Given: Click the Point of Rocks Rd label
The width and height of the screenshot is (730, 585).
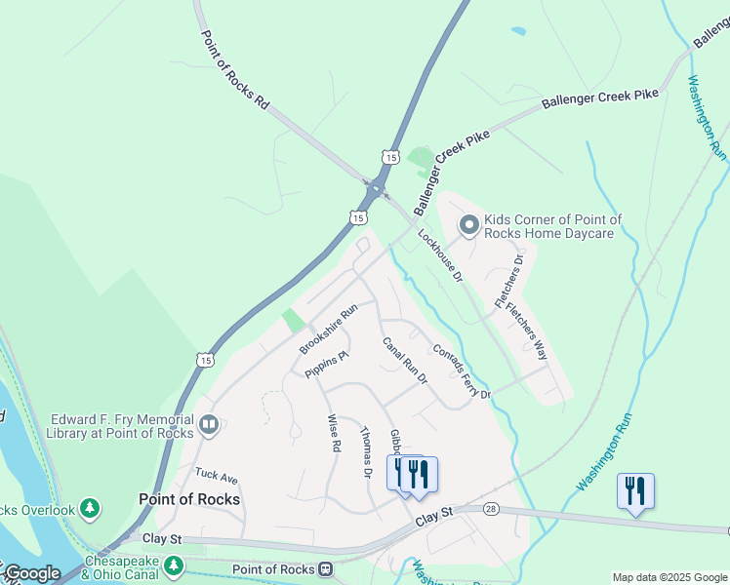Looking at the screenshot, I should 234,68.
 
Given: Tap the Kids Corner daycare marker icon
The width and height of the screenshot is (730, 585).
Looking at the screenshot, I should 469,226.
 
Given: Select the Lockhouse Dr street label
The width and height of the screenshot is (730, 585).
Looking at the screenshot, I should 440,255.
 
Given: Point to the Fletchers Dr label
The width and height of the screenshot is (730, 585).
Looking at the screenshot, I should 511,281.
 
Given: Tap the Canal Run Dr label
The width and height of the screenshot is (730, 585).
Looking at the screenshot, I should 405,361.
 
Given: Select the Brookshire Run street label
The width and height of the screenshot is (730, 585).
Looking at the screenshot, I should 329,328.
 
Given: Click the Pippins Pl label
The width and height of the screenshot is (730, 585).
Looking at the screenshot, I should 326,365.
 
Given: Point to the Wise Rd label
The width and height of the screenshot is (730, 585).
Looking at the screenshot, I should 333,432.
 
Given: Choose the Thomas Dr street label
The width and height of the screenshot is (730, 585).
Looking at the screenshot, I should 366,452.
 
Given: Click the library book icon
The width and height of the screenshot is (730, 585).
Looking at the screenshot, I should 209,424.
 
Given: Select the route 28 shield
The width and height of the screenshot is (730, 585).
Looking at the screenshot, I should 489,508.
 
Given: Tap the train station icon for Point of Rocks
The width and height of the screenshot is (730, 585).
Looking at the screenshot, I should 326,568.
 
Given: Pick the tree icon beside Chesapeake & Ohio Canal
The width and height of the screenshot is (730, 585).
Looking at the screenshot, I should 174,565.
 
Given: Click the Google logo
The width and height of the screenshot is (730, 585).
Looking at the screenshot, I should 31,573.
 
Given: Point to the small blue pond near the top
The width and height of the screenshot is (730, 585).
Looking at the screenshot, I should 518,31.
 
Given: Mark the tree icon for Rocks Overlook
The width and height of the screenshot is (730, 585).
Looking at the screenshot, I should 90,508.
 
